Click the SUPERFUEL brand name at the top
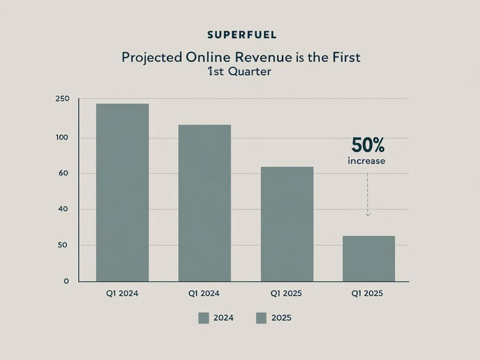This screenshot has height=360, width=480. (242, 34)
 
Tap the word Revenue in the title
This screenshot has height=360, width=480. (263, 57)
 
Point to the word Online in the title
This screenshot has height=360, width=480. (209, 57)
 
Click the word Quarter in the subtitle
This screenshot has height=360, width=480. (250, 72)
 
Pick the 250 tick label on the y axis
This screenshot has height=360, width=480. (62, 99)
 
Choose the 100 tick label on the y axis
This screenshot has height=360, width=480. (62, 137)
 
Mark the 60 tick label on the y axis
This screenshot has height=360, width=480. (63, 173)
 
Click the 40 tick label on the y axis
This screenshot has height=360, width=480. (63, 209)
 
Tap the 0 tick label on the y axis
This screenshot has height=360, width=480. (66, 281)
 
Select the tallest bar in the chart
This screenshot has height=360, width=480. (122, 192)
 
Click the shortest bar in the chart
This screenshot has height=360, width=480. (369, 258)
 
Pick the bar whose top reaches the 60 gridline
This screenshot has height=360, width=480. (287, 224)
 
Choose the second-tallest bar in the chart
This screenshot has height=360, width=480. (204, 203)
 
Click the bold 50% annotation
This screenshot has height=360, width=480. (367, 145)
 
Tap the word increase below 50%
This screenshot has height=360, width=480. (366, 161)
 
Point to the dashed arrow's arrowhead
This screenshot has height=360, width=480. (368, 214)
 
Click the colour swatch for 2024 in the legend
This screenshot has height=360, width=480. (204, 318)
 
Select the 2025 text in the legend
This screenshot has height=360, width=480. (281, 317)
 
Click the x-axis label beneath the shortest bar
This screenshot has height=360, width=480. (367, 293)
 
